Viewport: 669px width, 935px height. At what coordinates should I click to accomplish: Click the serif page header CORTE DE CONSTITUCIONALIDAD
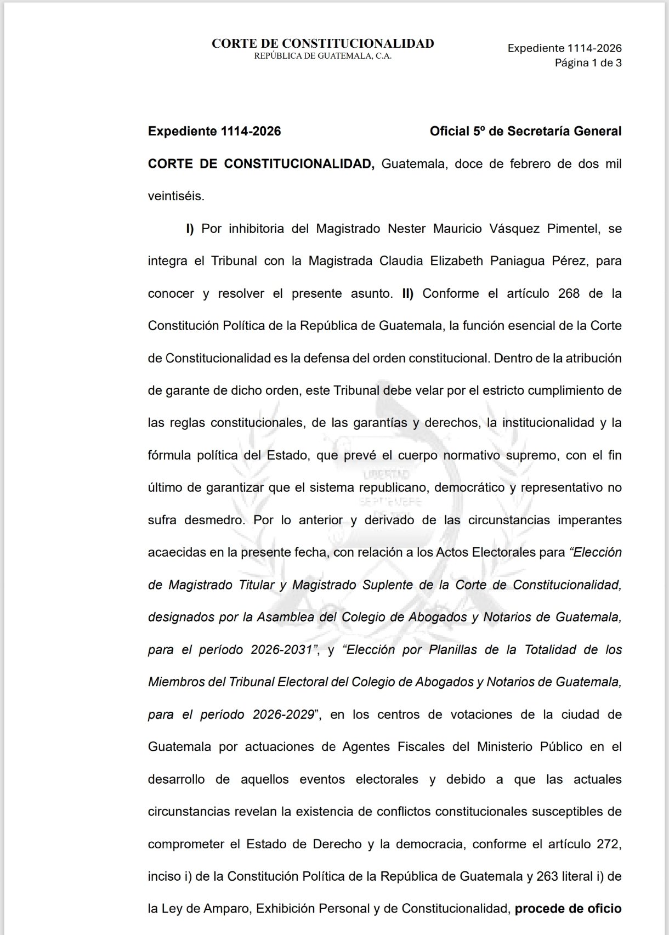click(322, 44)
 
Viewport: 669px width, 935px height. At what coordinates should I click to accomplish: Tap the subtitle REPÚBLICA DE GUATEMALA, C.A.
click(322, 56)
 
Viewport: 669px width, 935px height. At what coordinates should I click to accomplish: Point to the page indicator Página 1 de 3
click(588, 63)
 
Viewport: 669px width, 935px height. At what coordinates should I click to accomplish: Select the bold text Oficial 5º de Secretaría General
click(525, 131)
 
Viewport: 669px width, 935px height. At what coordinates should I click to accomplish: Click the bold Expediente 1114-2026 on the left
click(214, 131)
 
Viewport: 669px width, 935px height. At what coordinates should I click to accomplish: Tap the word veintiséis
click(175, 196)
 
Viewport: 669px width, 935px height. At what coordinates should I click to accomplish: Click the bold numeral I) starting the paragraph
click(190, 229)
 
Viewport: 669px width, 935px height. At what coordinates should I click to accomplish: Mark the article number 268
click(568, 293)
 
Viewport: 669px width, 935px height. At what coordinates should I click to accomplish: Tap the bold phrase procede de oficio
click(568, 909)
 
